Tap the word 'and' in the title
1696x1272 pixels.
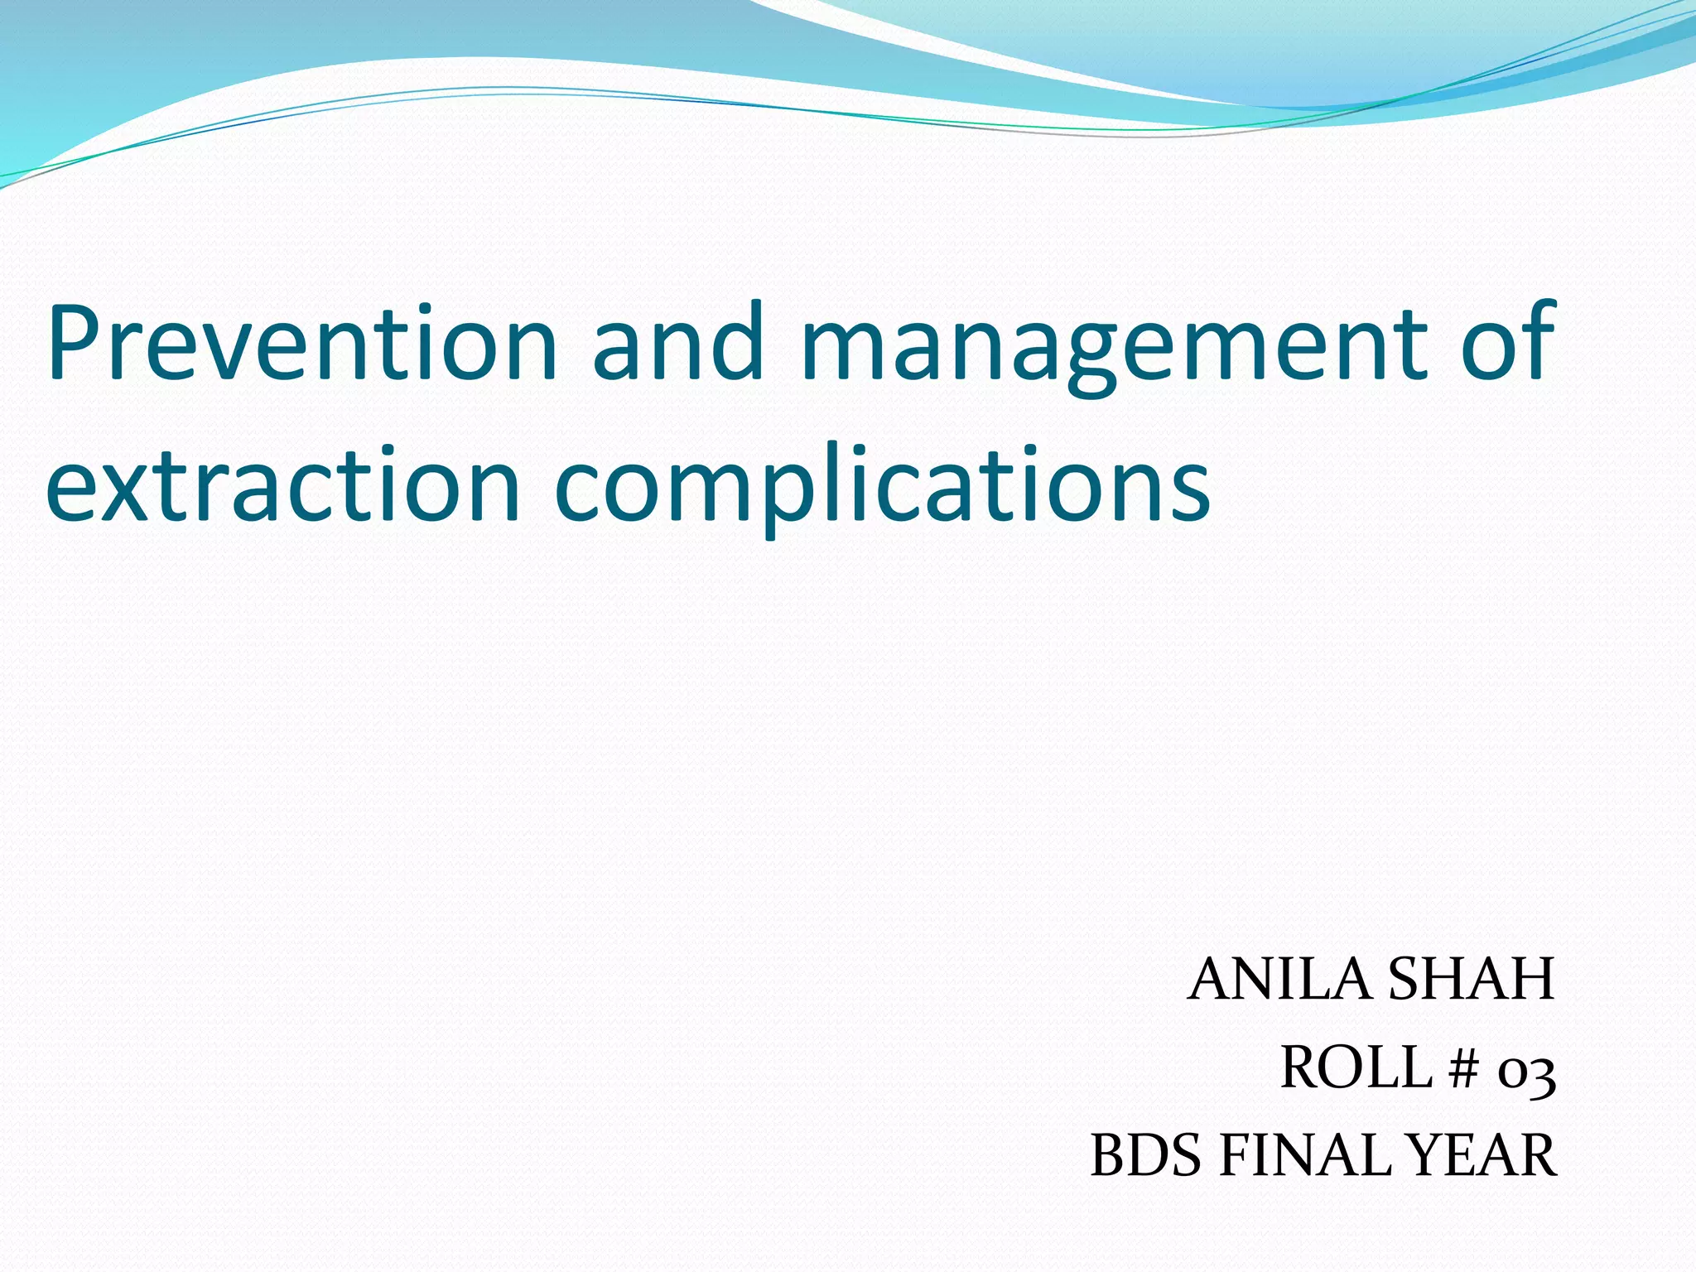click(677, 344)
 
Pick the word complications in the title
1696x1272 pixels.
click(882, 489)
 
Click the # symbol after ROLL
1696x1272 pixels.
click(1463, 1069)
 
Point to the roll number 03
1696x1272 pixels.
click(1526, 1073)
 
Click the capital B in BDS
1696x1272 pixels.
click(1109, 1156)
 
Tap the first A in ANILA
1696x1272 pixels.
click(1211, 980)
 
